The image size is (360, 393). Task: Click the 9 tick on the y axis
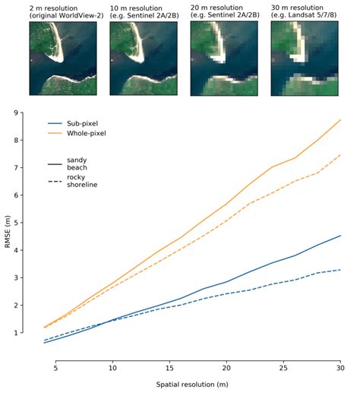16,113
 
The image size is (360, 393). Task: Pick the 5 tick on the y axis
16,223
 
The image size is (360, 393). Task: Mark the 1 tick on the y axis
16,332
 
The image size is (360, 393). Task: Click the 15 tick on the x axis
169,368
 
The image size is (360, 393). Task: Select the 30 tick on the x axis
340,368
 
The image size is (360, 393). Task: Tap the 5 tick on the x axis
55,368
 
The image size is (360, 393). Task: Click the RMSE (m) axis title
8,232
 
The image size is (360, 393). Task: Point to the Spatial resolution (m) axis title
192,385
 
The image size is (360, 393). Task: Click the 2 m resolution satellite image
63,59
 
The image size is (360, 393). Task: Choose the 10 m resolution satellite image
144,59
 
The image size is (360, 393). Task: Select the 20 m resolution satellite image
224,59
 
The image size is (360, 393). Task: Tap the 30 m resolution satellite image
305,59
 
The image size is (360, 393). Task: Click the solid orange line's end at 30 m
340,119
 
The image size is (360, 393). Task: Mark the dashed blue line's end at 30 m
340,270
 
